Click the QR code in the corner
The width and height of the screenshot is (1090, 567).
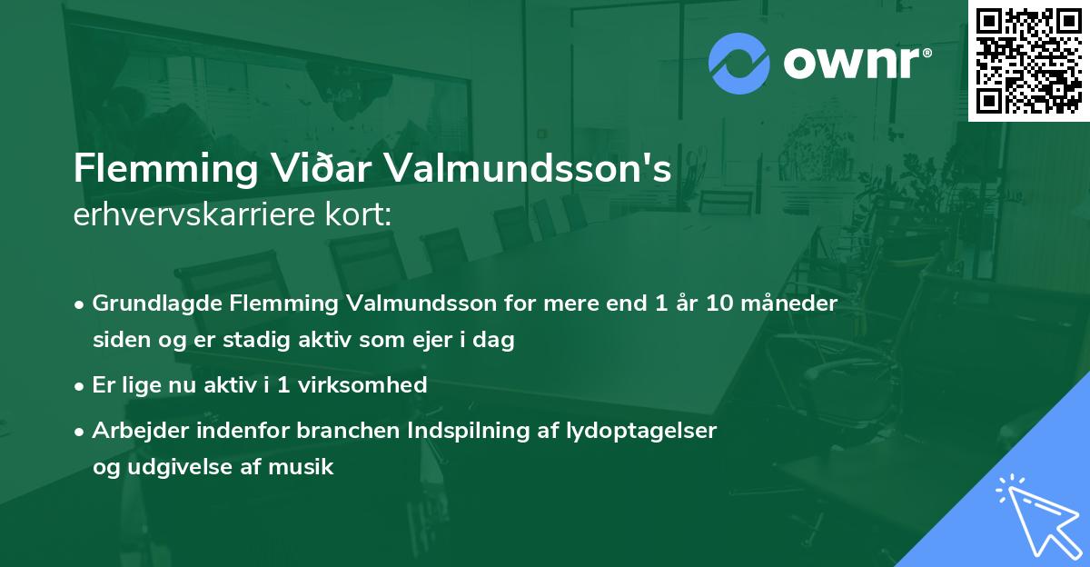coord(1029,60)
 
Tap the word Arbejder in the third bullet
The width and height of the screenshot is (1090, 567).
coord(133,430)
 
